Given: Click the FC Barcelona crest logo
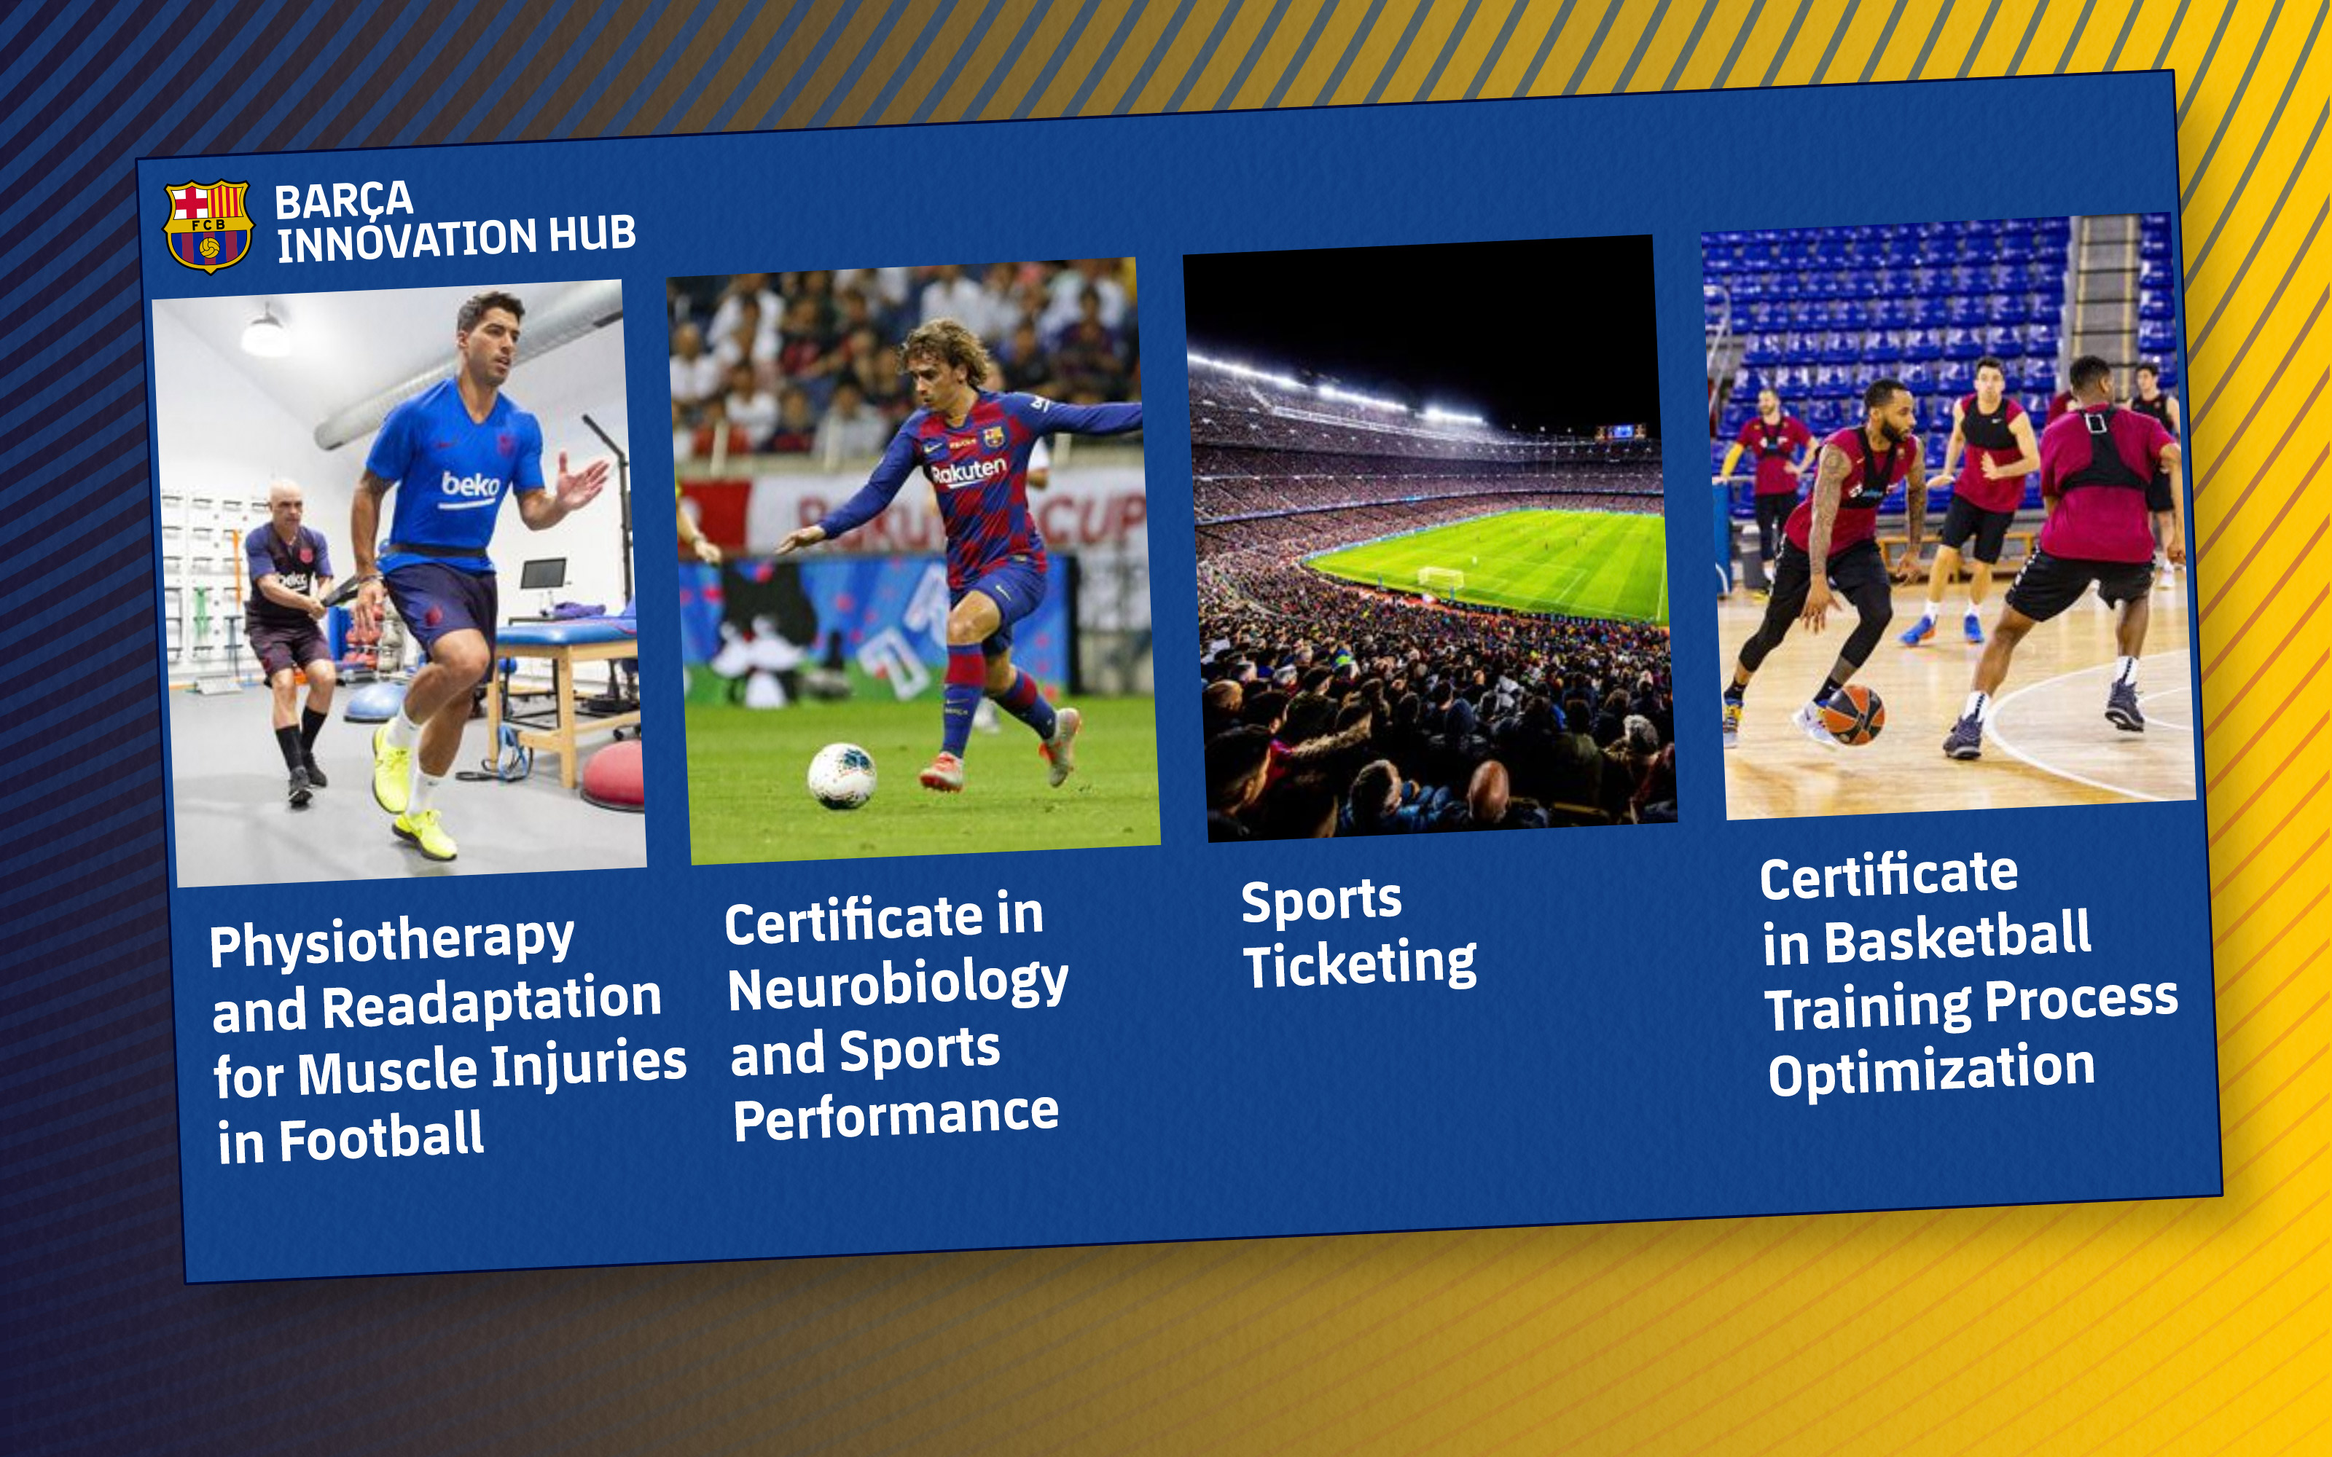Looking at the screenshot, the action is click(208, 226).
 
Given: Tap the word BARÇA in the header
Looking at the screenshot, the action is click(344, 200).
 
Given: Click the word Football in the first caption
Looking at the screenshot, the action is click(383, 1137).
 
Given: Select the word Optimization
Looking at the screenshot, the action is click(1931, 1071).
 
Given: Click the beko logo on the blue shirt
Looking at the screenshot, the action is click(470, 484).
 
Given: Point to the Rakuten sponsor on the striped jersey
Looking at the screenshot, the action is click(969, 471).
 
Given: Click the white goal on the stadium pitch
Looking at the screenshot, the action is click(1440, 577).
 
